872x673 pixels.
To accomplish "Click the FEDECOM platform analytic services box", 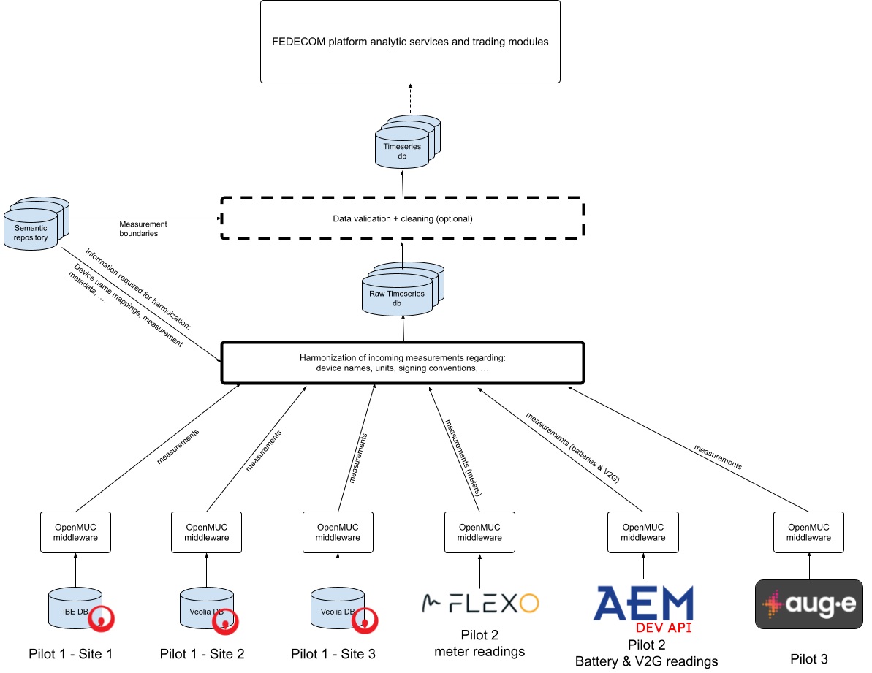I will point(410,42).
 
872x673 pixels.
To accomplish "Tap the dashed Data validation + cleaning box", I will point(403,218).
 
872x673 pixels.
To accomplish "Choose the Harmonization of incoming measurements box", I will point(403,363).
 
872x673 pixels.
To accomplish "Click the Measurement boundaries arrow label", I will point(143,228).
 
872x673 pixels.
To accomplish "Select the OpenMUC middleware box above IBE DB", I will point(75,532).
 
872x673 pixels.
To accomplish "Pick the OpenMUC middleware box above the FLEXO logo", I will point(479,532).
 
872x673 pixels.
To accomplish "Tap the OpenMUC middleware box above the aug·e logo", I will point(808,532).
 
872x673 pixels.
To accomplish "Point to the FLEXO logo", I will point(480,604).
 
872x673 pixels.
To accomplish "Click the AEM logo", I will point(643,604).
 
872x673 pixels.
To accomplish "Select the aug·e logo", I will point(808,604).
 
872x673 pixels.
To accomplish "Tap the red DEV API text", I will point(662,628).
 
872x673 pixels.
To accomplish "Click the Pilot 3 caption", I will point(809,659).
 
